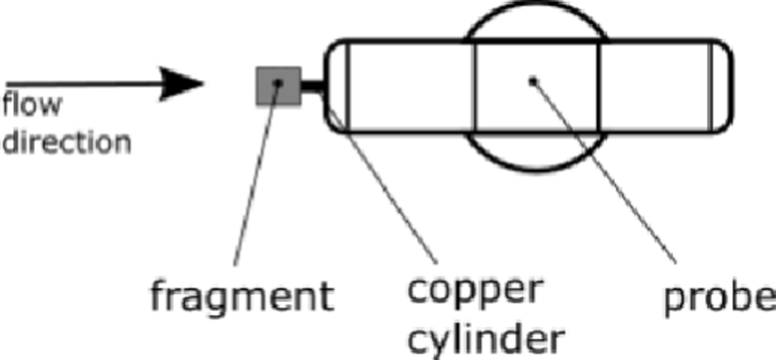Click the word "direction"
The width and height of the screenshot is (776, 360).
point(67,142)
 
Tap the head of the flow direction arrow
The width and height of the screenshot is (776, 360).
point(182,84)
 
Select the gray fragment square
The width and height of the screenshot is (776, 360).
point(279,86)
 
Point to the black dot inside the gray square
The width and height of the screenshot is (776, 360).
point(278,83)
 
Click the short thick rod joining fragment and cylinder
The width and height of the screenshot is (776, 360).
point(312,86)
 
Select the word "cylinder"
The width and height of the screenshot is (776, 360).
point(486,341)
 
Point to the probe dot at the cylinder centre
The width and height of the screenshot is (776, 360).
point(533,81)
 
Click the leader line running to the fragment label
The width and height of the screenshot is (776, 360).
point(256,174)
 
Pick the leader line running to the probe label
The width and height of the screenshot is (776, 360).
point(605,173)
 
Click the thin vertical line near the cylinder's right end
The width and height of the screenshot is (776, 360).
point(711,86)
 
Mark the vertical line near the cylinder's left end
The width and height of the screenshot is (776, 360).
point(348,86)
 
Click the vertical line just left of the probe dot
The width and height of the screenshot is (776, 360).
point(475,86)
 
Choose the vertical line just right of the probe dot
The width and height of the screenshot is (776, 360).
point(599,86)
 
